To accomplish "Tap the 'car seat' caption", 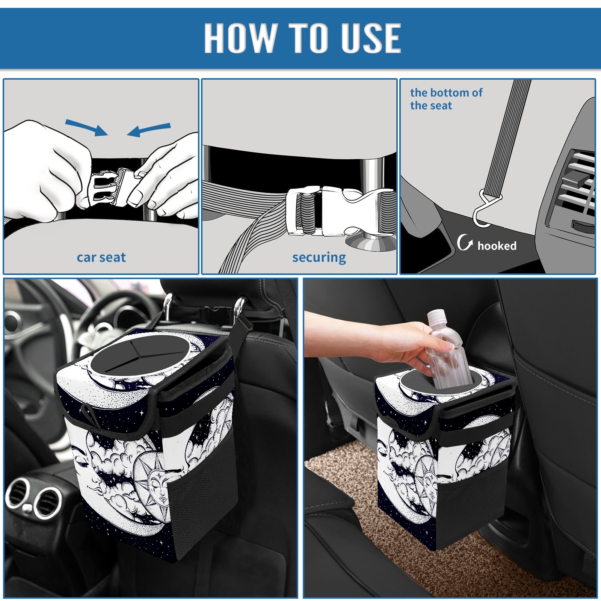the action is pyautogui.click(x=101, y=257).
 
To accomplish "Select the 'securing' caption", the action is pyautogui.click(x=319, y=258).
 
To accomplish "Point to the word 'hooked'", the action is pyautogui.click(x=497, y=246).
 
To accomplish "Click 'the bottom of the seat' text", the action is pyautogui.click(x=446, y=99).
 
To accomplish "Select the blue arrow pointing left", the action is pyautogui.click(x=149, y=130).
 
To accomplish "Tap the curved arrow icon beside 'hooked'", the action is pyautogui.click(x=465, y=242).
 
